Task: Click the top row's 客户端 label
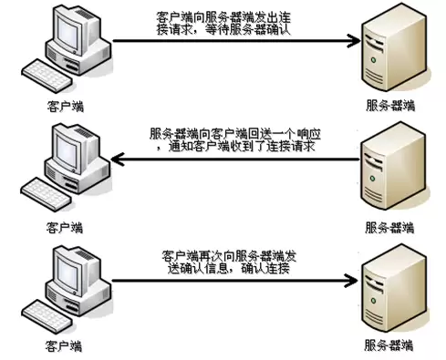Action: pyautogui.click(x=66, y=107)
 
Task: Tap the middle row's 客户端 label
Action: pyautogui.click(x=65, y=228)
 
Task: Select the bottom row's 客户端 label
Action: pyautogui.click(x=64, y=346)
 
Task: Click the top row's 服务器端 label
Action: pyautogui.click(x=390, y=106)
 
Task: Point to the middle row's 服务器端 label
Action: pyautogui.click(x=389, y=228)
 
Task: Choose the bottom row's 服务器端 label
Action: pyautogui.click(x=389, y=345)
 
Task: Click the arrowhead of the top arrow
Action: pyautogui.click(x=354, y=41)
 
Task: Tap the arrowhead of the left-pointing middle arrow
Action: pyautogui.click(x=118, y=159)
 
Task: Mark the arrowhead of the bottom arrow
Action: pyautogui.click(x=351, y=281)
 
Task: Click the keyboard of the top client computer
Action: pyautogui.click(x=47, y=76)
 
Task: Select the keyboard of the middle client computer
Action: pyautogui.click(x=47, y=194)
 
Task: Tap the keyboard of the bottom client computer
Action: pyautogui.click(x=47, y=316)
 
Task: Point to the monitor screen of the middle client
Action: pyautogui.click(x=67, y=152)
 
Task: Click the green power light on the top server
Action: pyautogui.click(x=374, y=60)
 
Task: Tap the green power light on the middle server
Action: pyautogui.click(x=373, y=178)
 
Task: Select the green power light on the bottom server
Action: pyautogui.click(x=374, y=301)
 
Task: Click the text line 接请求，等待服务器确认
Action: pyautogui.click(x=223, y=29)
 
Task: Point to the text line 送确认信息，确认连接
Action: pyautogui.click(x=228, y=268)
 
